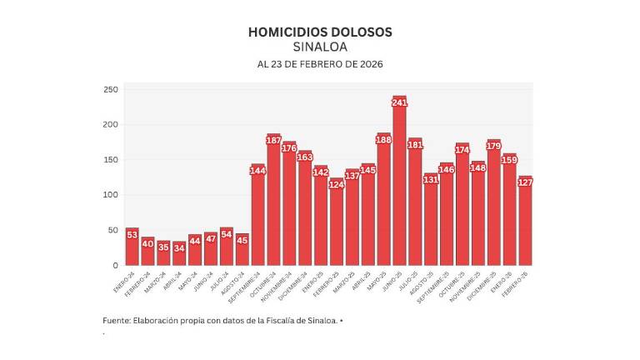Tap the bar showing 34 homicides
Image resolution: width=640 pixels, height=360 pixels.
click(x=179, y=253)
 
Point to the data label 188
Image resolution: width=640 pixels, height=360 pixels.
click(x=383, y=139)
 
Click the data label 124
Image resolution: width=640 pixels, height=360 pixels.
click(x=336, y=184)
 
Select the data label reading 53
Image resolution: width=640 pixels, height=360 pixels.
click(x=132, y=234)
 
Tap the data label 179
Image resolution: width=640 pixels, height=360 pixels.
click(x=493, y=146)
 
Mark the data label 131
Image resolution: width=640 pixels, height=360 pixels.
click(x=431, y=179)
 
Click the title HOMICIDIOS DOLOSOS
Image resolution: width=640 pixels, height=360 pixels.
click(x=320, y=32)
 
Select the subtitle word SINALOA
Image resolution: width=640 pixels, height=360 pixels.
click(x=320, y=47)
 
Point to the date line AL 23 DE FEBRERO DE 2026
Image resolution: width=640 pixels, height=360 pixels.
click(x=320, y=64)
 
